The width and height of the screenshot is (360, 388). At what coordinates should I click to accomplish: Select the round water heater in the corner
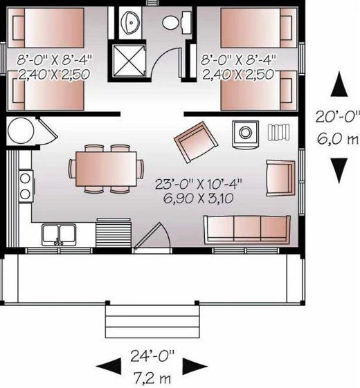[x=20, y=131]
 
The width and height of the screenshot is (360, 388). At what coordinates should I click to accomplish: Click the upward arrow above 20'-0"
[x=339, y=86]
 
